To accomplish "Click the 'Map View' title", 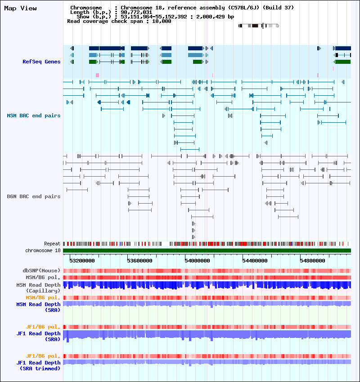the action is coord(21,8).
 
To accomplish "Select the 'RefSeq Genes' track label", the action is coord(41,62).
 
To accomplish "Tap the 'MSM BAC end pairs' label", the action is coord(34,115).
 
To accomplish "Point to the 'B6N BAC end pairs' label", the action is coord(34,196).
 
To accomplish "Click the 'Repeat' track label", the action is coord(52,244).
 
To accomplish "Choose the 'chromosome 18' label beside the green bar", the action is coord(43,250).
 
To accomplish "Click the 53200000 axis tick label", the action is coord(82,261).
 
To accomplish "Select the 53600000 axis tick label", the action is coord(140,261).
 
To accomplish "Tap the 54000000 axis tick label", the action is coord(197,261).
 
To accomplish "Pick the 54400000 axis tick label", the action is coord(255,261).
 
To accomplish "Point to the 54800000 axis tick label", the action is coord(312,261).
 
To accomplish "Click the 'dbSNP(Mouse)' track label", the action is coord(41,271).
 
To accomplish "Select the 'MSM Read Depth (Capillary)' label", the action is coord(38,288).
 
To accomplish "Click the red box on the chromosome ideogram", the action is coord(263,26).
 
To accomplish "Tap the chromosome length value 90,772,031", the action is coord(136,12).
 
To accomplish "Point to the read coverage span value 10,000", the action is coord(162,22).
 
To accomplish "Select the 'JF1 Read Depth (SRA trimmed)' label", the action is coord(38,366).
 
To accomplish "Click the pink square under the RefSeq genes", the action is coord(98,76).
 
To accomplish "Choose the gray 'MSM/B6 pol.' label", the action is coord(43,277).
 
